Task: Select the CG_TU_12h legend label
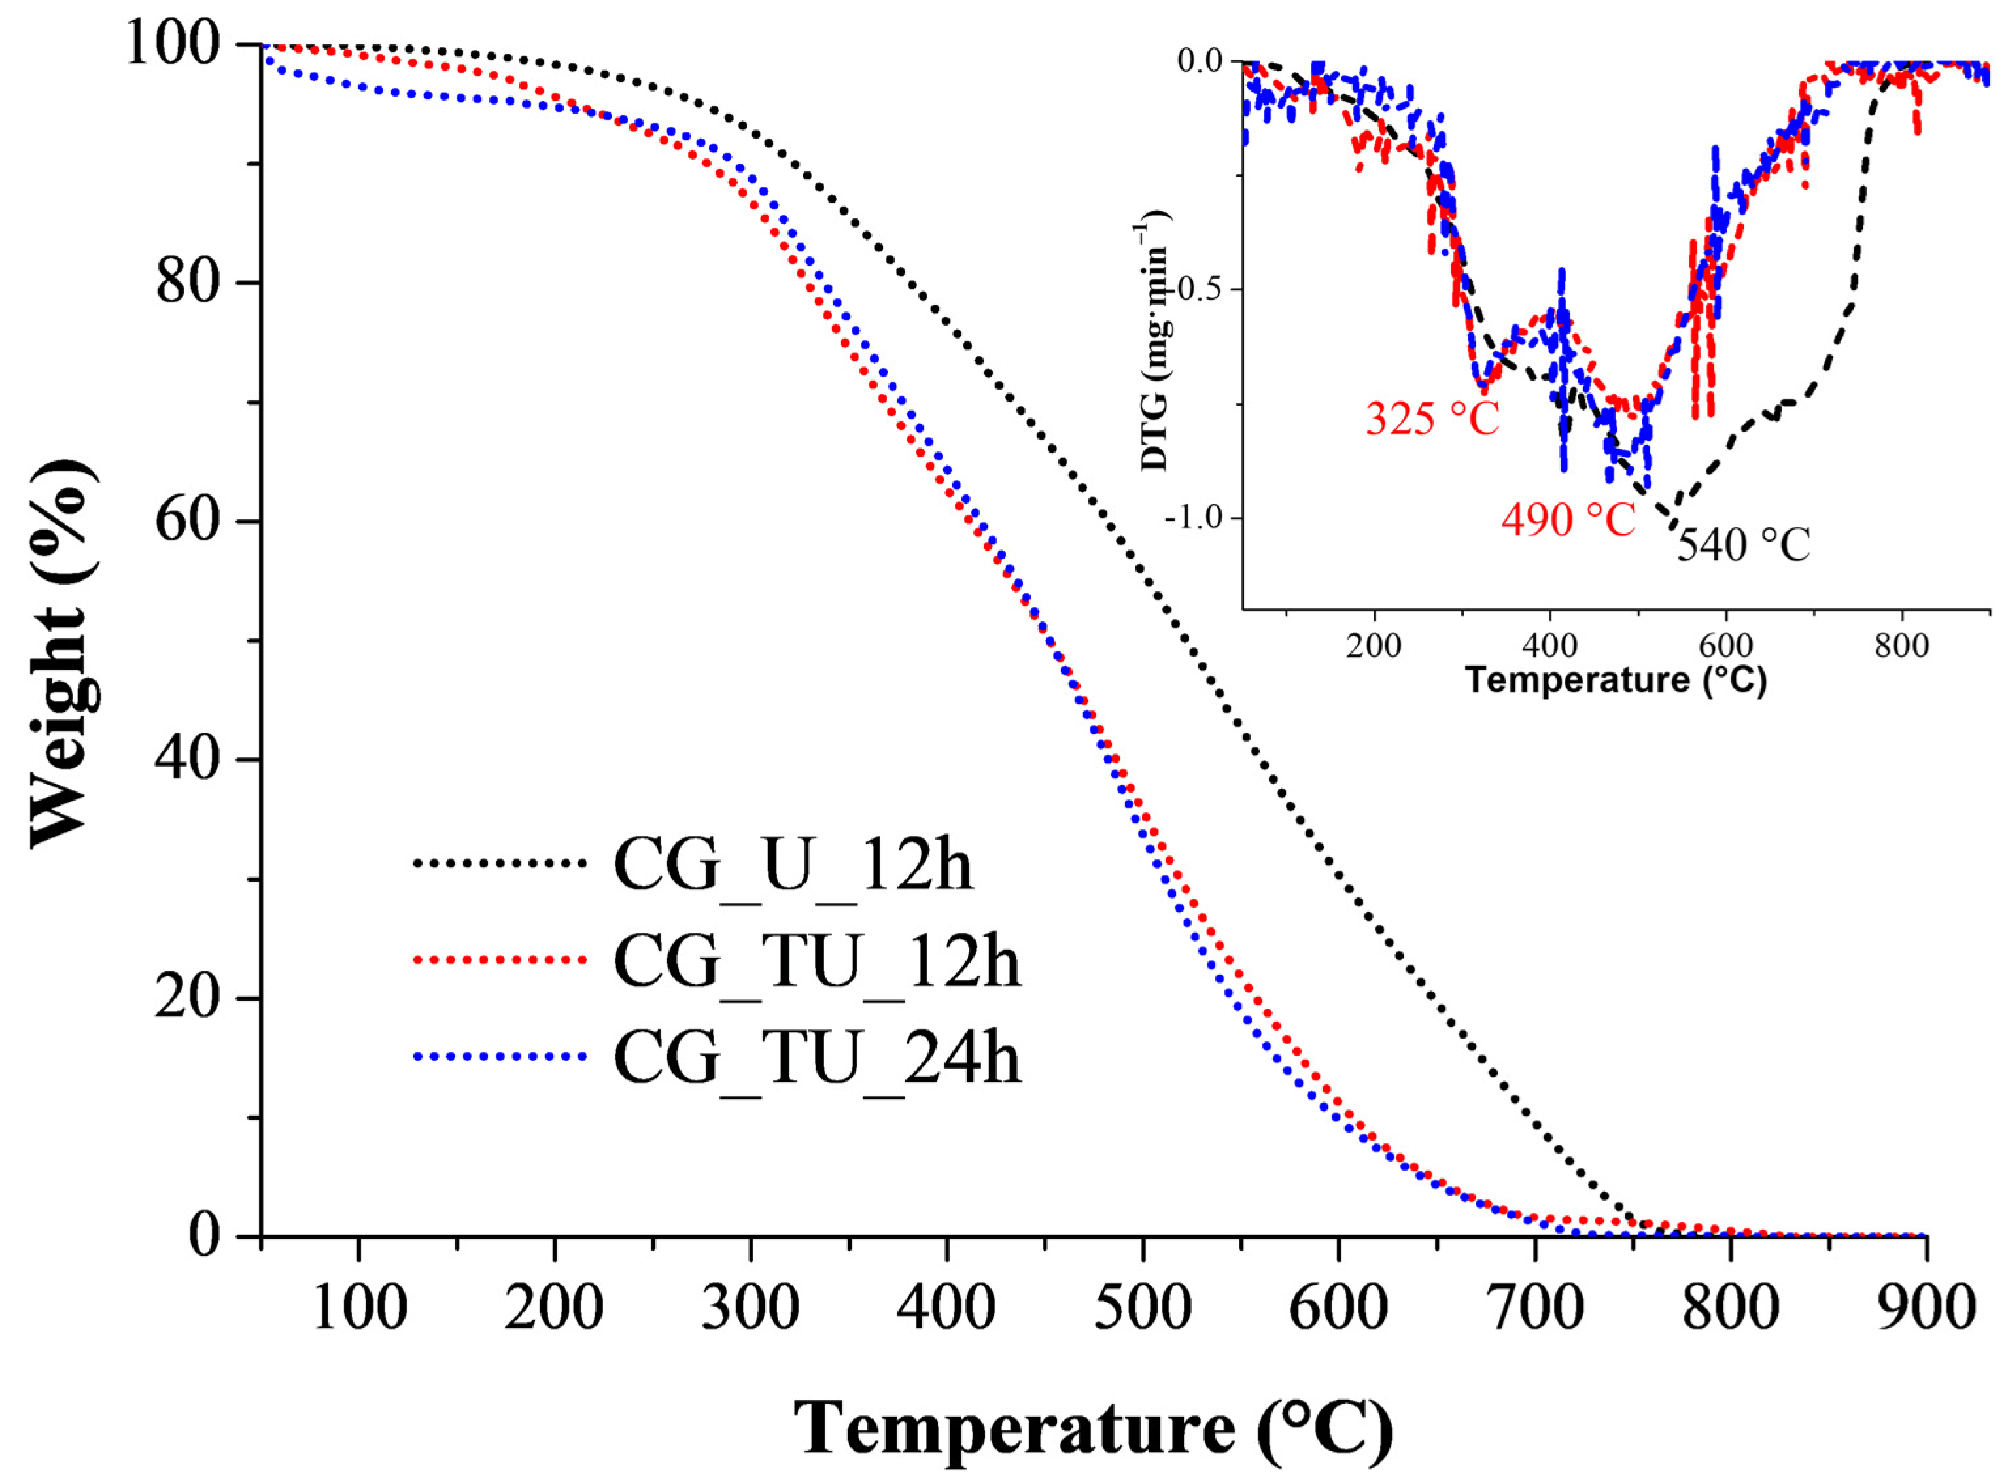tap(817, 962)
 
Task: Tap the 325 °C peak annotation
tap(1432, 419)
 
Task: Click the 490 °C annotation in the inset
tap(1568, 519)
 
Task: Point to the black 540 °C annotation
tap(1743, 544)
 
